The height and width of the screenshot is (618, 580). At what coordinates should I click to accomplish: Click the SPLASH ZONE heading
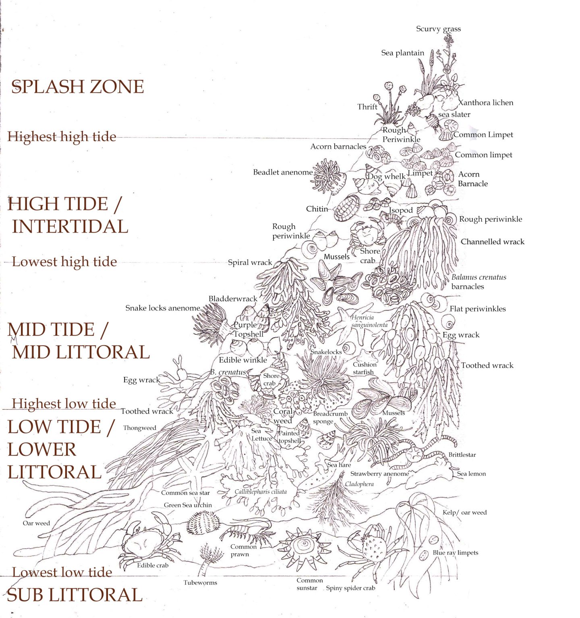click(x=77, y=87)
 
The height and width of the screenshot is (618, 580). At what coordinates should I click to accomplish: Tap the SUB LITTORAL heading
click(x=75, y=595)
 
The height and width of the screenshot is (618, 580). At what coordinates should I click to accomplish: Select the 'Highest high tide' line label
click(x=62, y=137)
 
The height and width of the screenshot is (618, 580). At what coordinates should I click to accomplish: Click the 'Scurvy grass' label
click(x=438, y=29)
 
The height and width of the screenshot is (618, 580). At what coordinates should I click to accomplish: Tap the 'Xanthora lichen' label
click(x=486, y=103)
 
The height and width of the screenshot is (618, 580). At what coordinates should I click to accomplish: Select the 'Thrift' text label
click(x=367, y=107)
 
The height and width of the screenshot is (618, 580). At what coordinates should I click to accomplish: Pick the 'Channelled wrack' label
click(x=492, y=242)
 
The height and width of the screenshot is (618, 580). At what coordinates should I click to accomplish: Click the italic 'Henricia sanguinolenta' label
click(x=369, y=321)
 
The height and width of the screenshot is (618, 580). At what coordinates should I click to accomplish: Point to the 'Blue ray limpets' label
click(x=455, y=553)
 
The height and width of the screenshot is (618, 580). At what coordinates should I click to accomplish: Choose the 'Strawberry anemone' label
click(x=379, y=474)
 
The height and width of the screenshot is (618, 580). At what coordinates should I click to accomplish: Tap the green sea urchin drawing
click(x=203, y=523)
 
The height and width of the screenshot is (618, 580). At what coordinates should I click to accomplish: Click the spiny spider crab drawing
click(x=371, y=547)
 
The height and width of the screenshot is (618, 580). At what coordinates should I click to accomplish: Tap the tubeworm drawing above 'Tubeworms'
click(x=209, y=557)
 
